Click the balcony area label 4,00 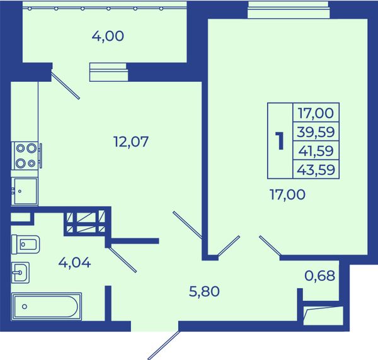(108, 37)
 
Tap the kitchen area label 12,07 (131, 142)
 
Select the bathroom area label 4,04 (75, 262)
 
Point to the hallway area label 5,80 (204, 291)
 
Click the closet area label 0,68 (320, 276)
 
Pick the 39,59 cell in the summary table (316, 132)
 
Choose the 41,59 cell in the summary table (316, 151)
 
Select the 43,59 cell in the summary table (316, 169)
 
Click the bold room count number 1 (280, 141)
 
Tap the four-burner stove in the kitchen (26, 156)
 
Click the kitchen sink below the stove (25, 191)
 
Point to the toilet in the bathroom (26, 244)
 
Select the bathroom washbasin (21, 273)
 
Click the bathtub (47, 307)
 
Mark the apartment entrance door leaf (164, 345)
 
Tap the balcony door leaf (66, 84)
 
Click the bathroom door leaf (122, 259)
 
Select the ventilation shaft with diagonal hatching (86, 222)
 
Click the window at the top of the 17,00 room (289, 10)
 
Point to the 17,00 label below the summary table (287, 194)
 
